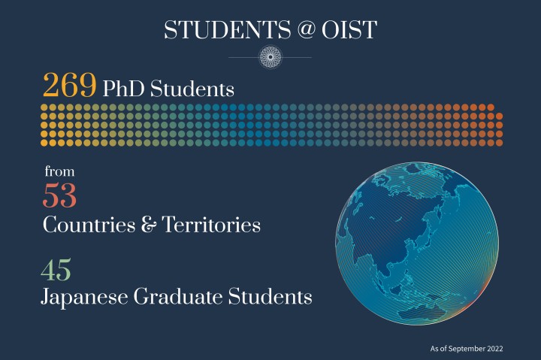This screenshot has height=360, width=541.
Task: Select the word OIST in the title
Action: coord(352,30)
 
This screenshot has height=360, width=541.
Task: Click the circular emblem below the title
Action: coord(270,57)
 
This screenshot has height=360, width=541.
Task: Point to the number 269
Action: coord(69,86)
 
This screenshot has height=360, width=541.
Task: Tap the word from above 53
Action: coord(58,171)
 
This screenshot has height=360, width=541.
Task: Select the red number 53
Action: coord(60,195)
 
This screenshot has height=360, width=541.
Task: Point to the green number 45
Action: coord(57,269)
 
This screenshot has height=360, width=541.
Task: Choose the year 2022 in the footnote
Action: coord(492,349)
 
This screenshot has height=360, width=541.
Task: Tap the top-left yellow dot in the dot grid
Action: coord(44,108)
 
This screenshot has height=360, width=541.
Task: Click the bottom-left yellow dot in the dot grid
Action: coord(44,142)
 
